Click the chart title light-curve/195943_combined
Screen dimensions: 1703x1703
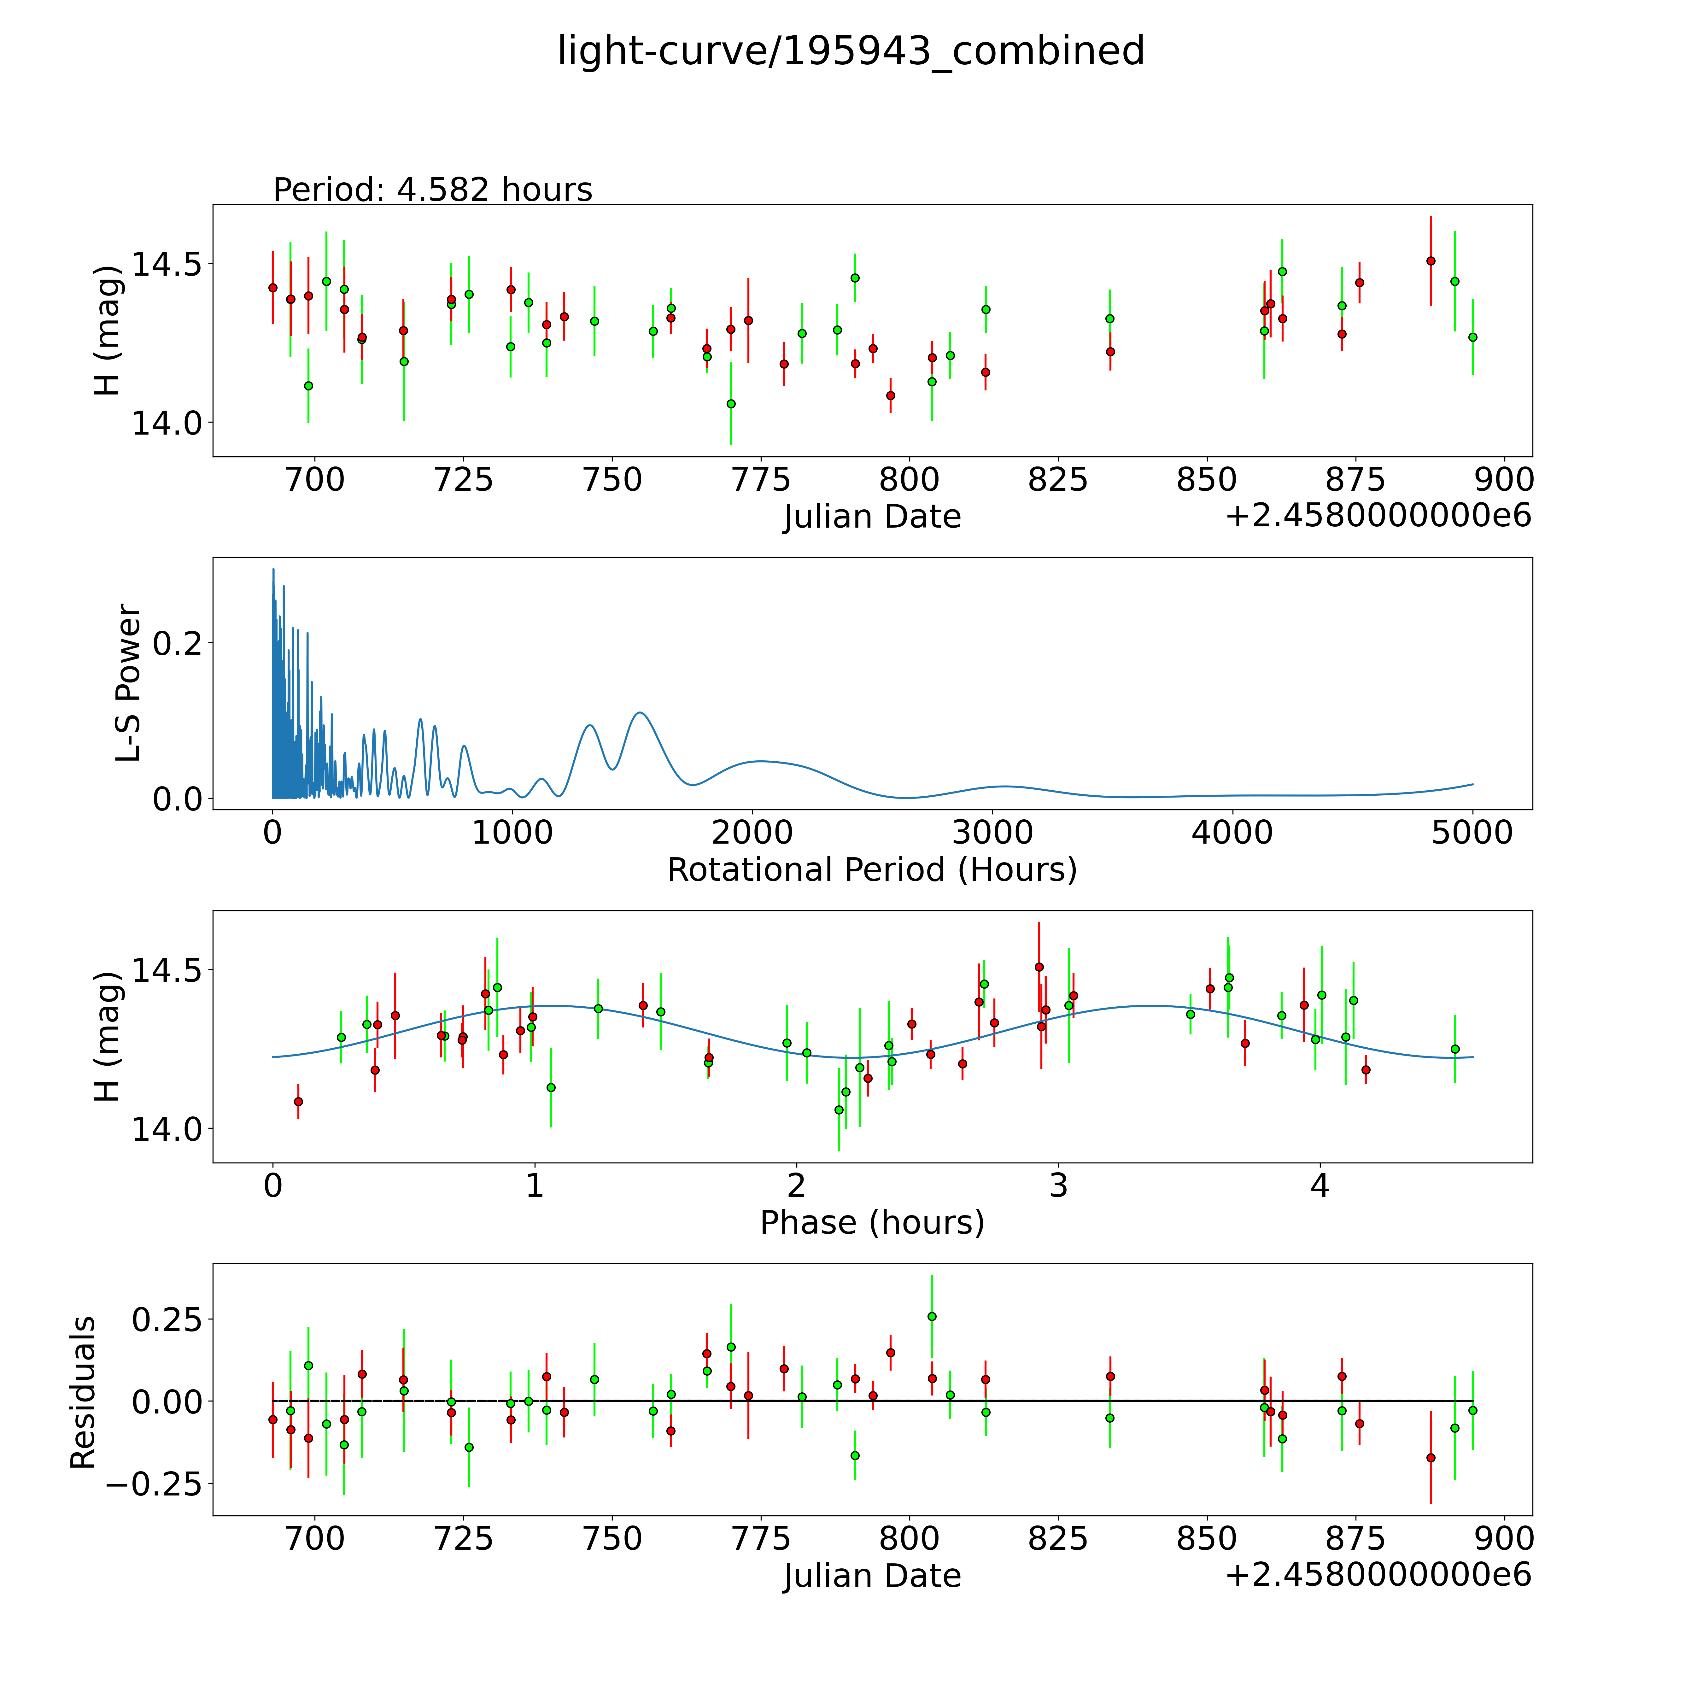pos(851,51)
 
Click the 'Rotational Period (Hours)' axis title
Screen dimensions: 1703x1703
pos(872,870)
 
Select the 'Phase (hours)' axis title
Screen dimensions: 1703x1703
pos(872,1223)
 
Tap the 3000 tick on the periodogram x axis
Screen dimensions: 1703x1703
pos(992,833)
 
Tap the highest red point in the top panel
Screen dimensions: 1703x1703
pos(1431,261)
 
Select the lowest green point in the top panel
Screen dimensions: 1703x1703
pos(731,404)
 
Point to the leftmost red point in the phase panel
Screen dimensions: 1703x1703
pos(298,1101)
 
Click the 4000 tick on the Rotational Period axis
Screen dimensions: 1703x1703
pos(1232,833)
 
